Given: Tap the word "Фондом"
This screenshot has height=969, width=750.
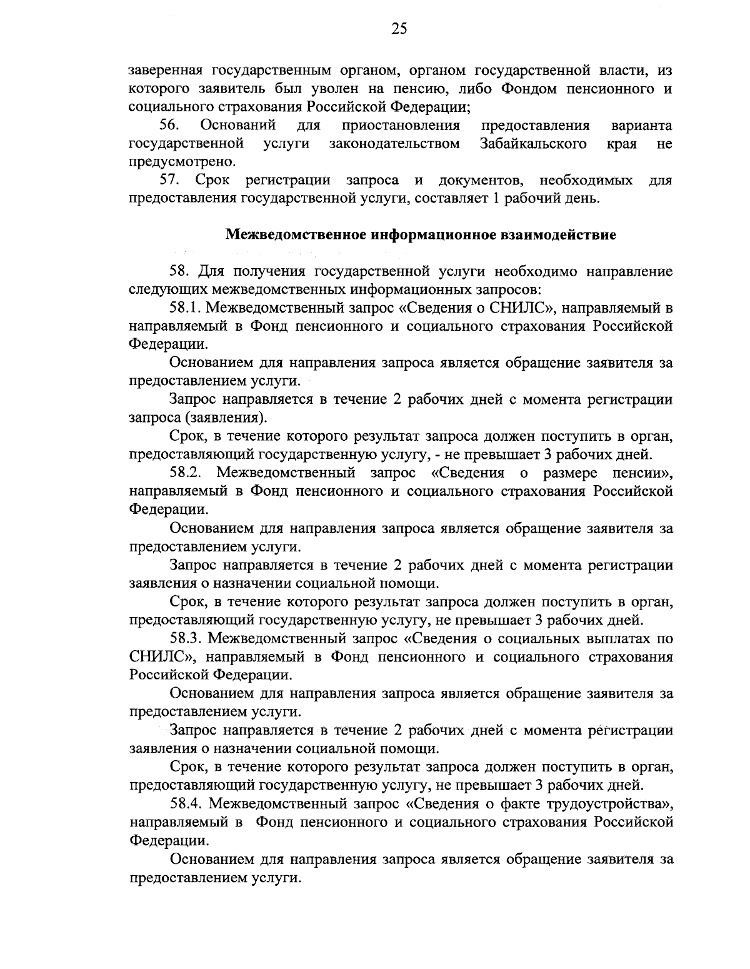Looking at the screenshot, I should click(x=530, y=88).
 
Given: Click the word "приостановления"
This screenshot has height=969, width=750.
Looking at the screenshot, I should click(x=401, y=126).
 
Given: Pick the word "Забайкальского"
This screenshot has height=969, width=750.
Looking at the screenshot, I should click(x=533, y=144).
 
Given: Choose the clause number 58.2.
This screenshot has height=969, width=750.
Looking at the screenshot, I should click(x=185, y=473).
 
